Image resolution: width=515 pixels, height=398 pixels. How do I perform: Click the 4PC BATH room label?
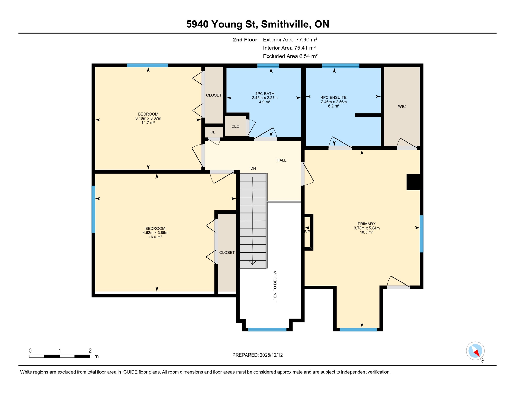(x=264, y=94)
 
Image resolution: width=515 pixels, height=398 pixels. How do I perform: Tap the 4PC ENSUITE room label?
(x=334, y=98)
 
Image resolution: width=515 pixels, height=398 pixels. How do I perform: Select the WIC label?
(x=402, y=106)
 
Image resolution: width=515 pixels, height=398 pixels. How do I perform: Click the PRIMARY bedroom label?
(x=366, y=224)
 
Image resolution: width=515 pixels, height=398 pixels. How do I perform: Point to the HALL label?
(x=281, y=160)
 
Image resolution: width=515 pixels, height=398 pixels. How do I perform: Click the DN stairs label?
(x=253, y=168)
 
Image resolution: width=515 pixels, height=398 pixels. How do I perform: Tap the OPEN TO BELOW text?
(x=275, y=287)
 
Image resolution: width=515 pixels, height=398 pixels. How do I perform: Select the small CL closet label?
(x=213, y=132)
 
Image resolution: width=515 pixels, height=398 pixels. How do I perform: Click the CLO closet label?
(x=235, y=126)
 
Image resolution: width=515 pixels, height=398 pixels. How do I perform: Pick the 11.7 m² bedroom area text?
(x=148, y=123)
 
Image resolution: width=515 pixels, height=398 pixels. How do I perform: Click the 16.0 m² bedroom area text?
(x=155, y=237)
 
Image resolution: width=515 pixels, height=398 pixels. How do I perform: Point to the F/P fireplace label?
(x=307, y=232)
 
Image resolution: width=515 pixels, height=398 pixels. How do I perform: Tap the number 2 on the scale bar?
(x=90, y=351)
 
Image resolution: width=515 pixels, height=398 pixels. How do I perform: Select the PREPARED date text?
(x=257, y=355)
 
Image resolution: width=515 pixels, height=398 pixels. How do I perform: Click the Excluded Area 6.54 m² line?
(x=290, y=56)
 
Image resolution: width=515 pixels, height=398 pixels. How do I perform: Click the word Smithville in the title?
(x=286, y=24)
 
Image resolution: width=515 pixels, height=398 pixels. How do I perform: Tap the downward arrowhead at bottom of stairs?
(x=253, y=263)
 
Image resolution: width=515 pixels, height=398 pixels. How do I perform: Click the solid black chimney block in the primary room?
(x=413, y=182)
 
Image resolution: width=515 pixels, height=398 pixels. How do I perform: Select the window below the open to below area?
(x=267, y=330)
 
